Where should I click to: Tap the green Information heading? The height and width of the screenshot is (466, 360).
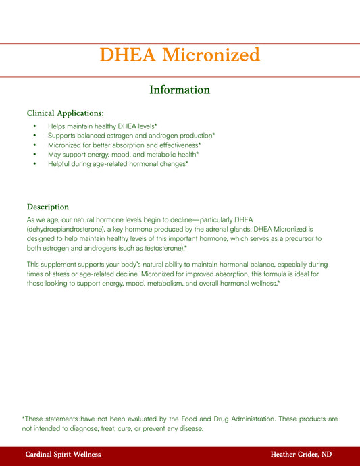click(180, 90)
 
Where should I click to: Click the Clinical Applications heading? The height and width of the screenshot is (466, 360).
click(65, 113)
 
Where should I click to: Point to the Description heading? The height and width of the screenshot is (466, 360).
click(48, 207)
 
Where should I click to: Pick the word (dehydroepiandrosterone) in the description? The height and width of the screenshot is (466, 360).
click(68, 230)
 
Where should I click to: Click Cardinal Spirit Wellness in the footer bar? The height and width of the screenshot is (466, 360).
click(63, 455)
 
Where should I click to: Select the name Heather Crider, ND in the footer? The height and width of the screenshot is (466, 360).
click(301, 455)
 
